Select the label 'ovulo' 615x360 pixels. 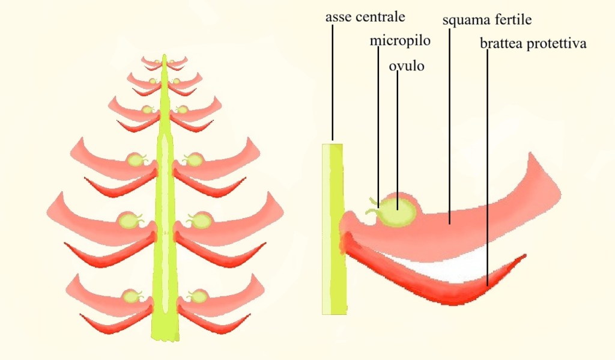pyautogui.click(x=407, y=66)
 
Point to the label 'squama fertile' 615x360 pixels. pyautogui.click(x=487, y=20)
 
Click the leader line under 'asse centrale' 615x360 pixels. pyautogui.click(x=331, y=84)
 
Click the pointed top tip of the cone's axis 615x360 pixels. pyautogui.click(x=163, y=57)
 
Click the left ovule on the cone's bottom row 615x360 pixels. pyautogui.click(x=130, y=296)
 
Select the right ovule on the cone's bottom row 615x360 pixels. pyautogui.click(x=196, y=296)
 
